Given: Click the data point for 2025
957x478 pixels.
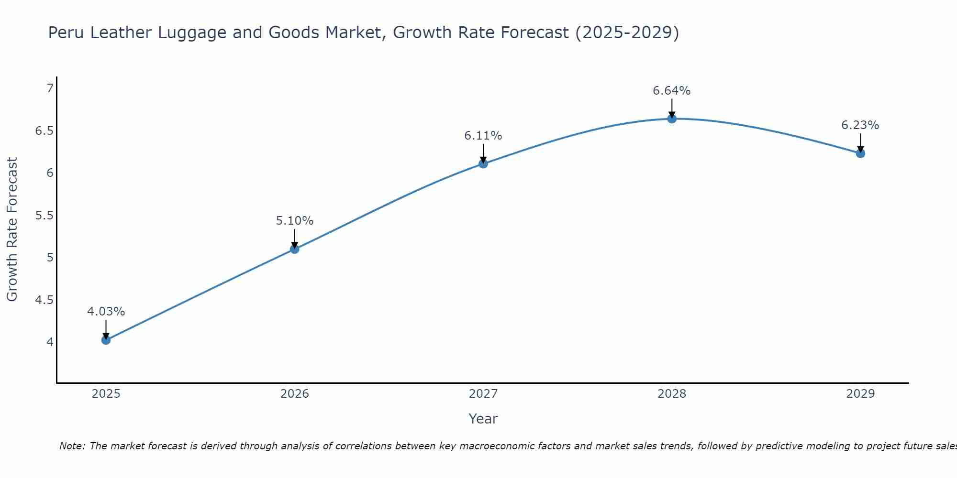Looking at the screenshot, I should pos(106,340).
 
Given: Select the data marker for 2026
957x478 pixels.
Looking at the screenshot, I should pos(294,249).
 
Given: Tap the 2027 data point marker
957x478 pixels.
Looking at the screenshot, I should pos(483,163).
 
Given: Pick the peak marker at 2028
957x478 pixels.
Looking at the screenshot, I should pos(671,119).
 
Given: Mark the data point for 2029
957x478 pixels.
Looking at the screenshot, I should pos(860,153).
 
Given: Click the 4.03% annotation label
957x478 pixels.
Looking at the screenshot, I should pos(106,312).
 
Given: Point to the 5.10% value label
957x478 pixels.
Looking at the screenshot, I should pos(294,221).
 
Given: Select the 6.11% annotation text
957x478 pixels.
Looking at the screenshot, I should pos(483,136).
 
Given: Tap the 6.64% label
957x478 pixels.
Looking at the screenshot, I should pos(671,91).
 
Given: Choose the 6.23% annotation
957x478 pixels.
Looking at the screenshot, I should pos(860,125).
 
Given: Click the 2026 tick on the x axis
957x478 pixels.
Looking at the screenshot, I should pos(294,394).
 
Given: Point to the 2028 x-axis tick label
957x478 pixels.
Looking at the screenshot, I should pos(671,394).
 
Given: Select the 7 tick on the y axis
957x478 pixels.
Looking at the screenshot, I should pos(50,88).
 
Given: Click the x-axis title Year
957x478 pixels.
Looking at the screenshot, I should pos(483,419).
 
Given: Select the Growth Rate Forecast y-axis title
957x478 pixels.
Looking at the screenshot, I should pos(12,229).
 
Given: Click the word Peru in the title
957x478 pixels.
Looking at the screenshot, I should pos(67,33).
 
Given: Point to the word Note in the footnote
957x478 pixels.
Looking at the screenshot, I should pos(71,446).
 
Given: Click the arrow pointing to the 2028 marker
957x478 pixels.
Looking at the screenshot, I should pos(671,108).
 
